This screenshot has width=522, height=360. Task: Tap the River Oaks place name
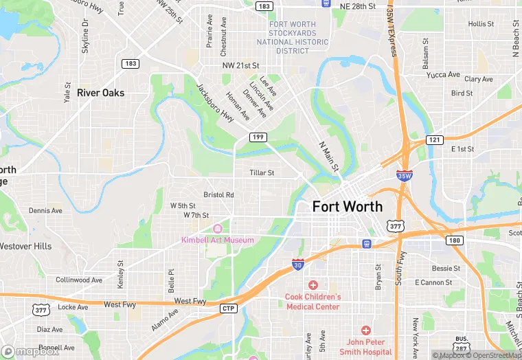(x=101, y=93)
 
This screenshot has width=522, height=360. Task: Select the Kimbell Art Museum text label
(x=217, y=240)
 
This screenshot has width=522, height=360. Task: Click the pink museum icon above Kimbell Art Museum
(x=218, y=228)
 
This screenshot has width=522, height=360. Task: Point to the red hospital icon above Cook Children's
(x=313, y=284)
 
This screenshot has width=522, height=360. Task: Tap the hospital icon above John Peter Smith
(x=365, y=330)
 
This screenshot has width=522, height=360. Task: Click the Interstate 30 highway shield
(x=297, y=265)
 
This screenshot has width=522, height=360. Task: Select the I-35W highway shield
(x=405, y=176)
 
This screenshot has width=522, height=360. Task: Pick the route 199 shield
(x=258, y=137)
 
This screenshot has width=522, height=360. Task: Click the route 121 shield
(x=434, y=139)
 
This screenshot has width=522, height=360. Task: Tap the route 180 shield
(x=454, y=240)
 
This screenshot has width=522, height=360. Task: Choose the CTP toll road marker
(x=229, y=308)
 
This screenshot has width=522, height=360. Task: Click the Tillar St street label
(x=262, y=173)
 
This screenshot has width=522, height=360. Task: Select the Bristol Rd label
(x=218, y=194)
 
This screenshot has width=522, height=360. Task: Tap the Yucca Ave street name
(x=442, y=75)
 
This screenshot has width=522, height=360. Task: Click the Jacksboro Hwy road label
(x=215, y=104)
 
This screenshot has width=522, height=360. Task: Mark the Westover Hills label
(x=25, y=246)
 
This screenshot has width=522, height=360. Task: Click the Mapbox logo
(x=28, y=351)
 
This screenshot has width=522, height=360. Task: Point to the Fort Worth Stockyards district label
(x=293, y=37)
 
